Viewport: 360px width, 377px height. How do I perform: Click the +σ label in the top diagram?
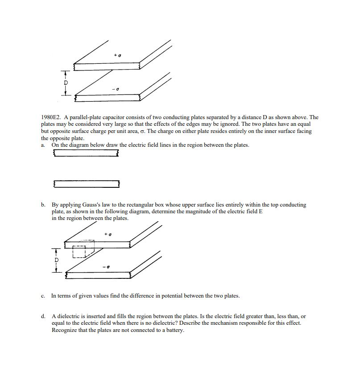[x=118, y=55]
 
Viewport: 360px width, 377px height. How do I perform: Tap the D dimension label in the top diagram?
[x=66, y=83]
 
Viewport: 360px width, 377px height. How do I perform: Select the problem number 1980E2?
[x=51, y=118]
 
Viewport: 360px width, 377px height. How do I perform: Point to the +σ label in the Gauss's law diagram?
[x=108, y=234]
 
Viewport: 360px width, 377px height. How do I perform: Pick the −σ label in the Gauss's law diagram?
[x=106, y=267]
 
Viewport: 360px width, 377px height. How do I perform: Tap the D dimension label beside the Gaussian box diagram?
[x=56, y=260]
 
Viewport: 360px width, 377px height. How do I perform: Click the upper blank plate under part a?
[x=86, y=153]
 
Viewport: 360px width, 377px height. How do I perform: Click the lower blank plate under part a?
[x=87, y=184]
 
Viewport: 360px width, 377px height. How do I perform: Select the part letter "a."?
[x=43, y=145]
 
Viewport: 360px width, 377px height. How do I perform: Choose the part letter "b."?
[x=43, y=205]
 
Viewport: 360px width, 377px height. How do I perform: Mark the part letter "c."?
[x=43, y=296]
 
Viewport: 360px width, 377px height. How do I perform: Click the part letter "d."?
[x=43, y=316]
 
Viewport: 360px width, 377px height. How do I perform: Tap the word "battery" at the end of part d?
[x=175, y=330]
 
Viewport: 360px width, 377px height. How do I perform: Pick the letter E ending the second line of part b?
[x=261, y=211]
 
